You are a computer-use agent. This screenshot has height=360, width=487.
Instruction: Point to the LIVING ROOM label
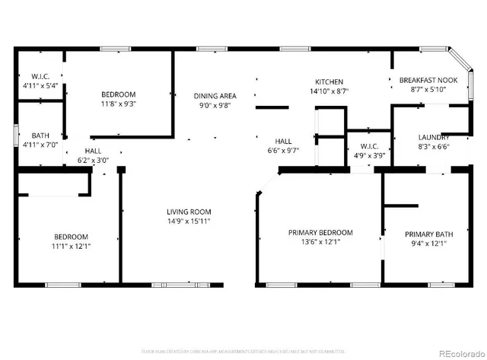pyautogui.click(x=189, y=212)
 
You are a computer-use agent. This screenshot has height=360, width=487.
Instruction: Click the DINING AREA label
pyautogui.click(x=215, y=96)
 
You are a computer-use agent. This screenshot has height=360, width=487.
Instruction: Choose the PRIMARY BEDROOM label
pyautogui.click(x=320, y=232)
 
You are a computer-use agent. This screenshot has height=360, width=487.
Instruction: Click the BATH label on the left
pyautogui.click(x=30, y=136)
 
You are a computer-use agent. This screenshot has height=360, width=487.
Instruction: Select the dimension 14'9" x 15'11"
pyautogui.click(x=189, y=221)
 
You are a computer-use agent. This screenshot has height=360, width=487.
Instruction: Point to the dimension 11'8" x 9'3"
pyautogui.click(x=118, y=105)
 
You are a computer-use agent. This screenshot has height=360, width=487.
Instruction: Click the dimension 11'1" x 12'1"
pyautogui.click(x=71, y=246)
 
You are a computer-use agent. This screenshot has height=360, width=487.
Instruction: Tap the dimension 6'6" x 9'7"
pyautogui.click(x=283, y=151)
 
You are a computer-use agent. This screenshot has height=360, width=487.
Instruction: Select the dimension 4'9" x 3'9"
pyautogui.click(x=369, y=155)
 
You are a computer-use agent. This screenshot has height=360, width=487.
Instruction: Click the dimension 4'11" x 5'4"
pyautogui.click(x=40, y=86)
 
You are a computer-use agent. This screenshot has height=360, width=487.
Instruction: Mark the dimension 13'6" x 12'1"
pyautogui.click(x=320, y=242)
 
